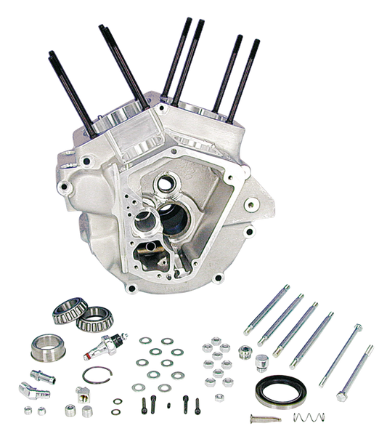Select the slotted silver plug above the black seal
pyautogui.click(x=261, y=361)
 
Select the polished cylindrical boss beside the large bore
pyautogui.click(x=150, y=217)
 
